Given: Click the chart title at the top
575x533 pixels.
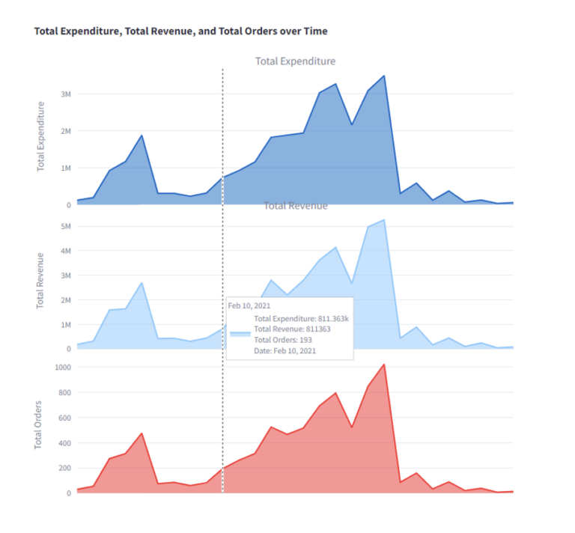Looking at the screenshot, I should (180, 31).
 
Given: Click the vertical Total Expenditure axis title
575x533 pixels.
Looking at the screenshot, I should (42, 136).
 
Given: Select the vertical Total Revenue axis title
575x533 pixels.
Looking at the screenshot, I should (42, 281).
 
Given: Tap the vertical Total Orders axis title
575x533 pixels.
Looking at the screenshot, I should (39, 424).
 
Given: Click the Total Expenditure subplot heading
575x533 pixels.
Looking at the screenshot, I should (295, 61).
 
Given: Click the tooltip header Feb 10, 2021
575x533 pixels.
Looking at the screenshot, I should (250, 305).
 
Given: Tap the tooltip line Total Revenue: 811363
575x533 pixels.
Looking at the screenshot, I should (293, 329).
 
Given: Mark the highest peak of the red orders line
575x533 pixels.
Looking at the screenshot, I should (384, 365).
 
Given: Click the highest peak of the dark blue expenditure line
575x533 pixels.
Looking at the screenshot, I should (384, 76).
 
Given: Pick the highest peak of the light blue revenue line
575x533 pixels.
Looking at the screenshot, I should (384, 220).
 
